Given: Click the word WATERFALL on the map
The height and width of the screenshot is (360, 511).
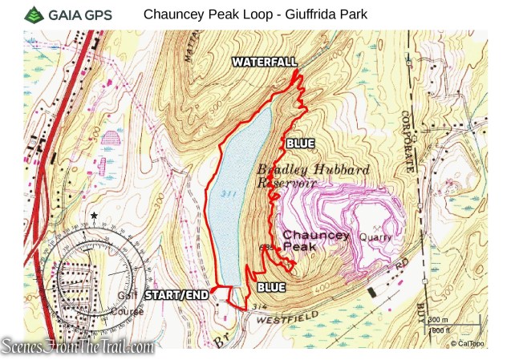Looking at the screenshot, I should [265, 62].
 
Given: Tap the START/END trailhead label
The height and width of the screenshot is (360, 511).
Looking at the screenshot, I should [176, 295].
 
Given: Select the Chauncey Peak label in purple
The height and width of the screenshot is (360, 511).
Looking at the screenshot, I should [316, 241].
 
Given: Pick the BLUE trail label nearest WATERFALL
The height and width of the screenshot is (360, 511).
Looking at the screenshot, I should [298, 144].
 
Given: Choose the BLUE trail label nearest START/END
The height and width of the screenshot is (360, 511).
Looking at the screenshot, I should [271, 286].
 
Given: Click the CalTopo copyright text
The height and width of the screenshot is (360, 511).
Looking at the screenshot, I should [468, 343].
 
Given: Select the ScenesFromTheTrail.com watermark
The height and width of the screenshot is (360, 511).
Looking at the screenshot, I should [78, 346].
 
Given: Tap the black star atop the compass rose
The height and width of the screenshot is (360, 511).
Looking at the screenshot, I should [95, 216].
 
